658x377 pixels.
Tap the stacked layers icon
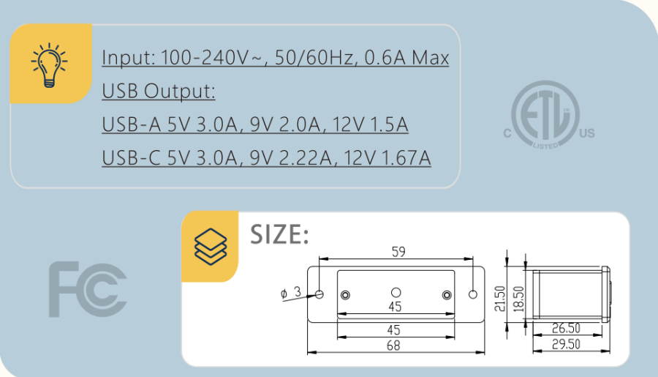tap(210, 245)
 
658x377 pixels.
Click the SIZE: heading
tap(280, 234)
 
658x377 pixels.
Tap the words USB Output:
tap(159, 92)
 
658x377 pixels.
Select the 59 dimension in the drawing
tap(398, 252)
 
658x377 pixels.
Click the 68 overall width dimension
tap(393, 346)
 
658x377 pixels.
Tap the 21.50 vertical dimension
tap(500, 299)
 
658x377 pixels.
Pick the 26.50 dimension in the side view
tap(566, 329)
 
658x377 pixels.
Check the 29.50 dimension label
tap(566, 345)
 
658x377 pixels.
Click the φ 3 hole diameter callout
tap(290, 292)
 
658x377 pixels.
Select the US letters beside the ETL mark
tap(587, 133)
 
